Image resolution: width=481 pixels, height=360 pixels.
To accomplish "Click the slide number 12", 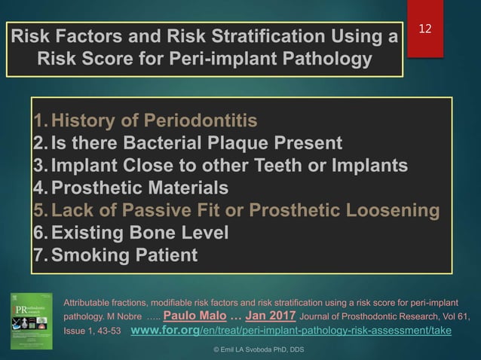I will tap(426, 29).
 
